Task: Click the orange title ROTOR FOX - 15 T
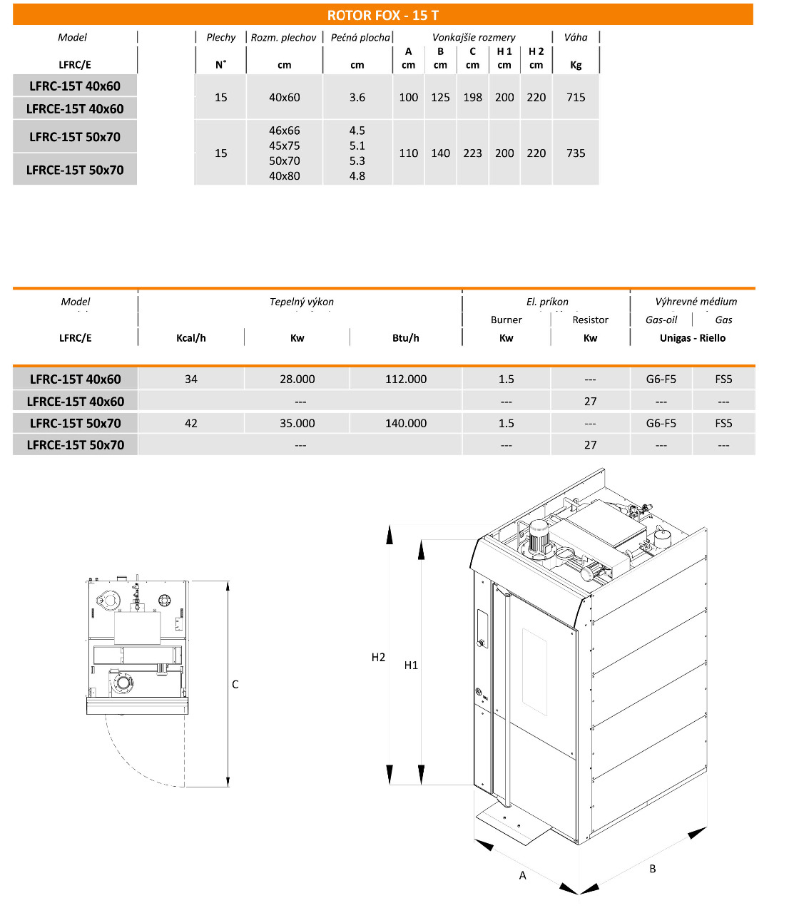coord(382,15)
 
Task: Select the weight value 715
coord(576,97)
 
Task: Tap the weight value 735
coord(576,153)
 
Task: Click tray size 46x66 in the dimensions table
coord(284,131)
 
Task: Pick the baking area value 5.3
coord(357,160)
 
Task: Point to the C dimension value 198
coord(472,97)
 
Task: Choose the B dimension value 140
coord(440,153)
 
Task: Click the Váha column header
coord(576,37)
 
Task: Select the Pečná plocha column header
coord(360,37)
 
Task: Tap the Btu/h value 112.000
coord(406,379)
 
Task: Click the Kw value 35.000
coord(297,423)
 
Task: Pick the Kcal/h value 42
coord(191,423)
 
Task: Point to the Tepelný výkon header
coord(301,302)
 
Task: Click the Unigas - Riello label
coord(692,338)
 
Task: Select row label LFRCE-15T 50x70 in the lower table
coord(76,445)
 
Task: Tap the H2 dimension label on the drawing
coord(378,658)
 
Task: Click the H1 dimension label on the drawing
coord(411,665)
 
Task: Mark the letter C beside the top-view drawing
coord(235,685)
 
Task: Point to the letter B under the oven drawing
coord(652,869)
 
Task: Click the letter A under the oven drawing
coord(522,875)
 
